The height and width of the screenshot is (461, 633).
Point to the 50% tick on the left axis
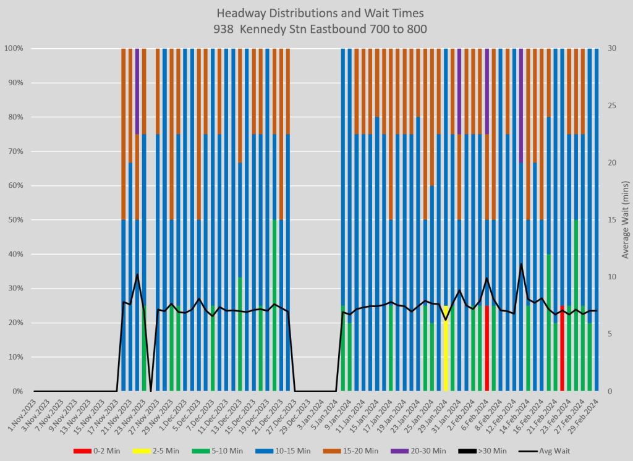point(15,220)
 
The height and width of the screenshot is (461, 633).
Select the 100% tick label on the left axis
point(13,48)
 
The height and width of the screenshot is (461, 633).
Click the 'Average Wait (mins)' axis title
point(625,220)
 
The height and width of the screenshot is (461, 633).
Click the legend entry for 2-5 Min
point(167,451)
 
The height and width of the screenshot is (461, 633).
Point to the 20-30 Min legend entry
point(449,451)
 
